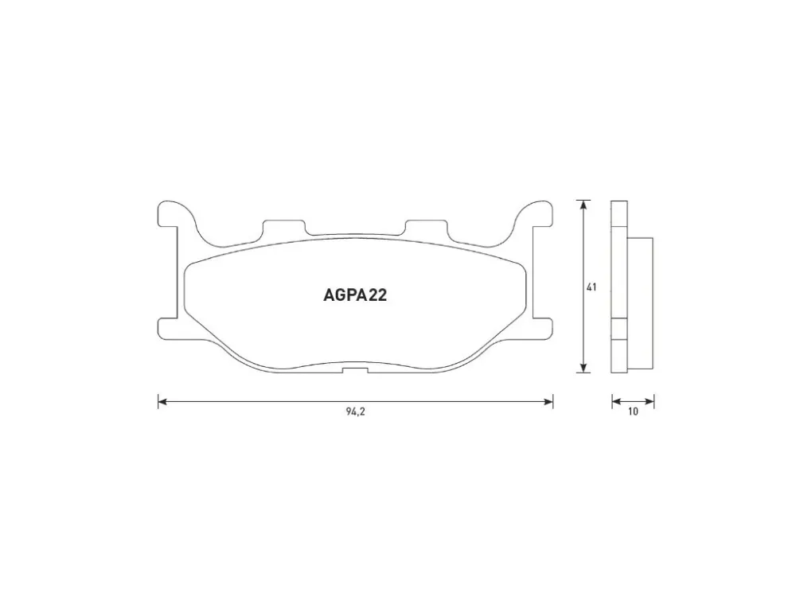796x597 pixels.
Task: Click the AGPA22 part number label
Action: pyautogui.click(x=355, y=295)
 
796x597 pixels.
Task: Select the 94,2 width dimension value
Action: pyautogui.click(x=355, y=412)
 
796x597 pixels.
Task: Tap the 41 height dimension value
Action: pyautogui.click(x=591, y=287)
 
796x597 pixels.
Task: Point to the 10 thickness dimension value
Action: pyautogui.click(x=633, y=412)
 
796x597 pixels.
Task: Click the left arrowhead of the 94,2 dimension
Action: pyautogui.click(x=162, y=401)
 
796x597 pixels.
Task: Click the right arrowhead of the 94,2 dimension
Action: pyautogui.click(x=548, y=401)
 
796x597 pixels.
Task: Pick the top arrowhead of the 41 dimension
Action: pyautogui.click(x=583, y=205)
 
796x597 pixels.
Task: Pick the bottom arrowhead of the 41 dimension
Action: pyautogui.click(x=583, y=368)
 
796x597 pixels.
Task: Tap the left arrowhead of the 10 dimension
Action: pyautogui.click(x=616, y=401)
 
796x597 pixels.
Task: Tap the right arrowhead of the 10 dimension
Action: pyautogui.click(x=650, y=401)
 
